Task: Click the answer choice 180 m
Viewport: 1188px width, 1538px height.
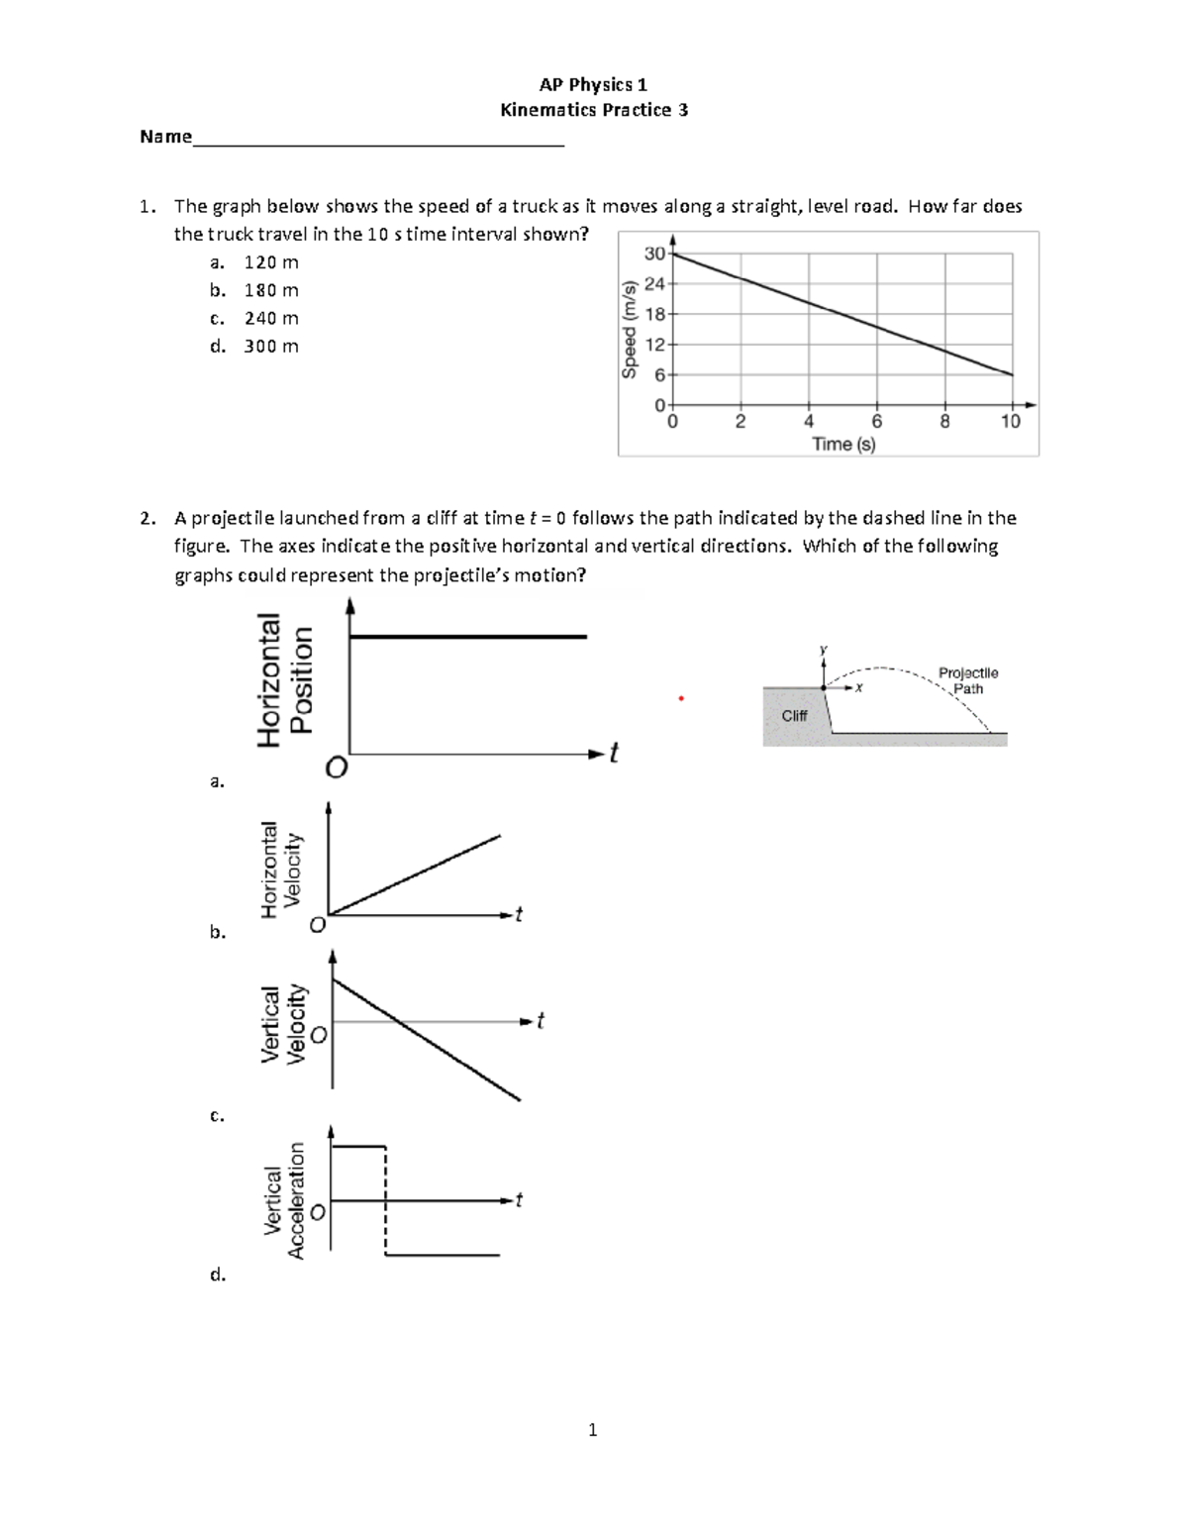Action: [270, 290]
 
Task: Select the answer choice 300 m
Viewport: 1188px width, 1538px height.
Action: [270, 346]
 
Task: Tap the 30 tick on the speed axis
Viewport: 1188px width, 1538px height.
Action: [654, 254]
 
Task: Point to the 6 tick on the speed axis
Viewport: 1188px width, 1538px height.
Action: [659, 375]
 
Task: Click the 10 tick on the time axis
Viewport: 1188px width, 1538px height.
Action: [1010, 422]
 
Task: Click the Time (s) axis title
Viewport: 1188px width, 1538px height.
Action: [843, 445]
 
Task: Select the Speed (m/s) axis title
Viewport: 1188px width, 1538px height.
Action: [629, 329]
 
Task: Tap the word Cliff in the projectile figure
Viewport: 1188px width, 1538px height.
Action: [794, 715]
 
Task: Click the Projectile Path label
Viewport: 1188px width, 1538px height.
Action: [967, 680]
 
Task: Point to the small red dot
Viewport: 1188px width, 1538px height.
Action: [681, 699]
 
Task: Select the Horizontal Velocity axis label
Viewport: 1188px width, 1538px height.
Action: [280, 871]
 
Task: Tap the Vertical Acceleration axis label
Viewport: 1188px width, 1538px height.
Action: [284, 1200]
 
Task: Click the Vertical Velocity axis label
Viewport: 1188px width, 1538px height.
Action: [282, 1024]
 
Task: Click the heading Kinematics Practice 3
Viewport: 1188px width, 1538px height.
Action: [593, 110]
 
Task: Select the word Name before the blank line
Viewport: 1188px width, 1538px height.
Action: [165, 137]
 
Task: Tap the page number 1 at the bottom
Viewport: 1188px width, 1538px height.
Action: [592, 1429]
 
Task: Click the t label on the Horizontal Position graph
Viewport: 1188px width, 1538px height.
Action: [614, 754]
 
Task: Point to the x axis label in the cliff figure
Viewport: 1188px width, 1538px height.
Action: [858, 688]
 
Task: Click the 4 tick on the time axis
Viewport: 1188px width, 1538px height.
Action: [809, 422]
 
